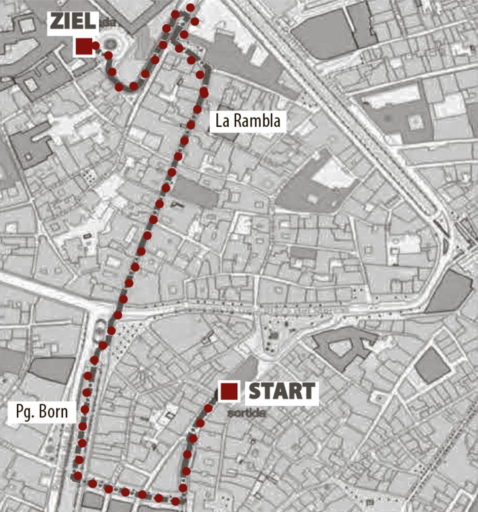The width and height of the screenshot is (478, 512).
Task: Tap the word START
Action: pos(282,391)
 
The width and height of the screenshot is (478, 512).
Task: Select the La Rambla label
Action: pos(248,121)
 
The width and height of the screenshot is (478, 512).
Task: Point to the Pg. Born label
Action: pos(42,411)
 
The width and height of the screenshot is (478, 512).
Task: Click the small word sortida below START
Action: pos(247,413)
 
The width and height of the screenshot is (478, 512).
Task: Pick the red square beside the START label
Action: pos(229,391)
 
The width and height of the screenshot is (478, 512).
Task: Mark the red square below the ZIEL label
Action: pos(84,46)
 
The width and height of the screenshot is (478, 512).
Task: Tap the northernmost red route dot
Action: pos(190,8)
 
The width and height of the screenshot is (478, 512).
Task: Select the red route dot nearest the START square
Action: pos(208,408)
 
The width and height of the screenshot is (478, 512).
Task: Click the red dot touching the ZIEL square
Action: pos(96,46)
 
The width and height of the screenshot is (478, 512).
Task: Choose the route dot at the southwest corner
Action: pos(78,475)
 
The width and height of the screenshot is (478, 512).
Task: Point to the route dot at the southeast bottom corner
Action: pos(175,500)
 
